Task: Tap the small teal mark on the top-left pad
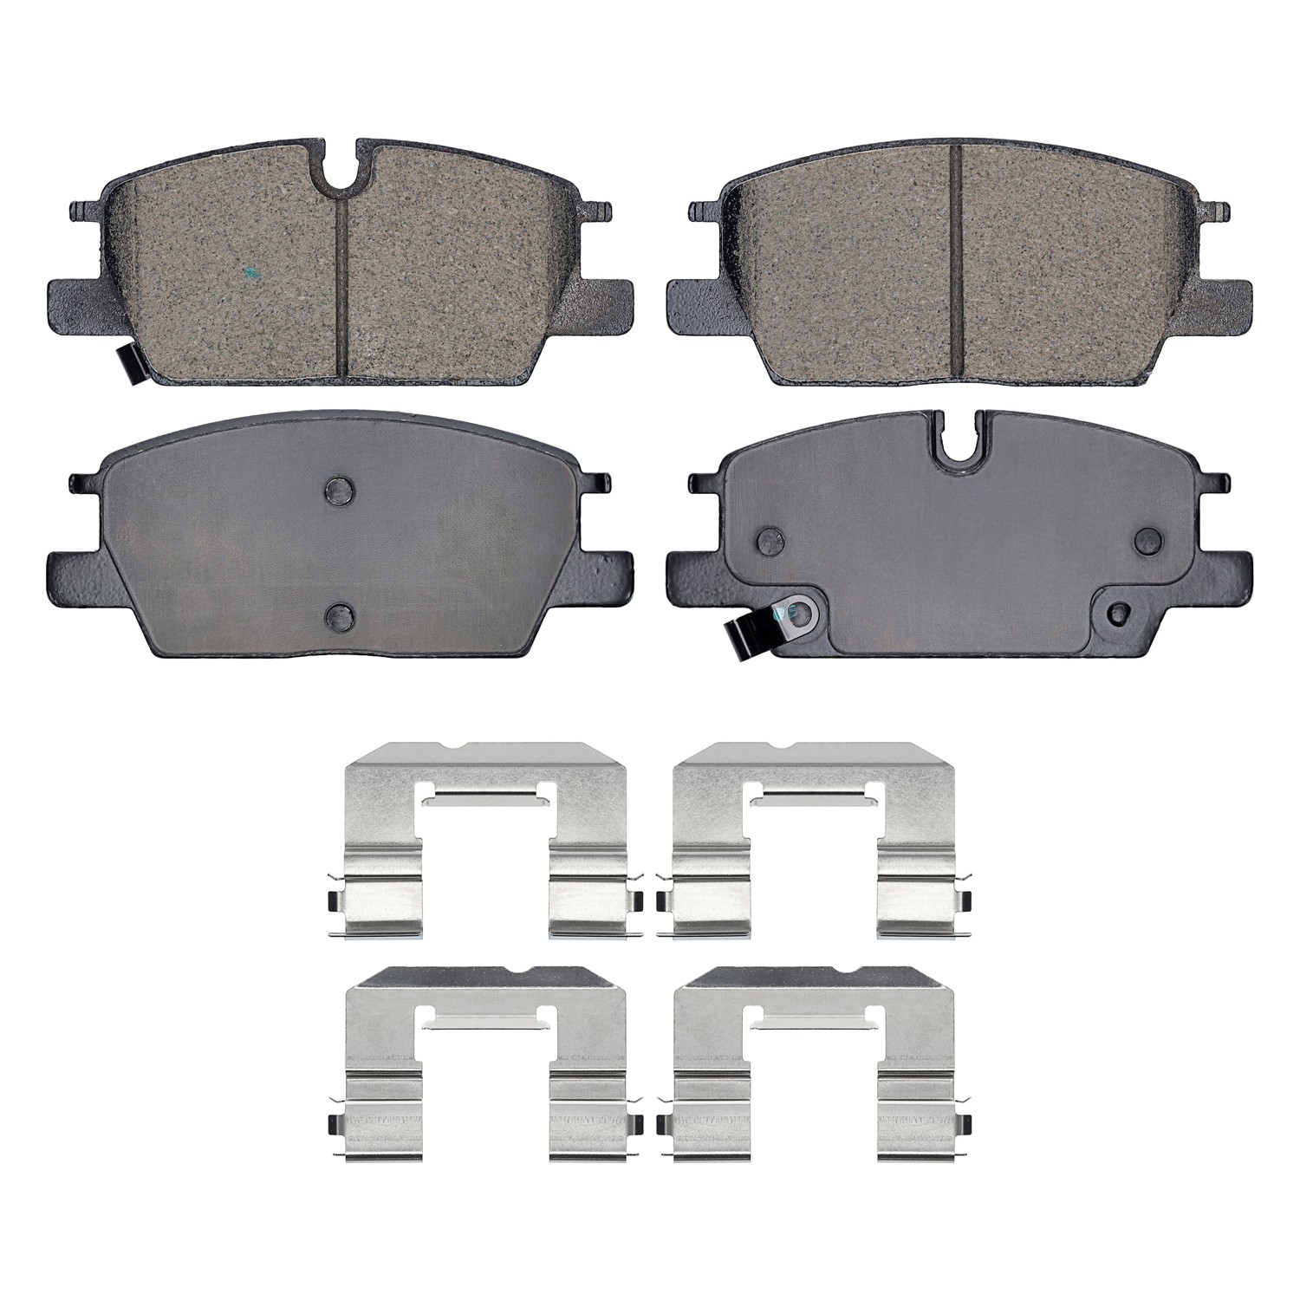[250, 275]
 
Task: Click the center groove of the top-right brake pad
[956, 260]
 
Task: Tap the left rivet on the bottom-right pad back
[769, 541]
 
